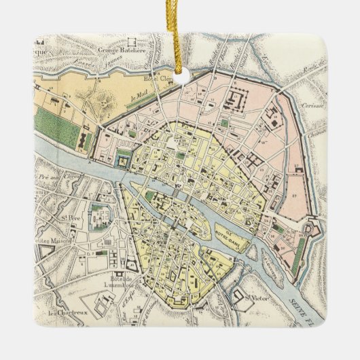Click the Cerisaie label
[x=313, y=106]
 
